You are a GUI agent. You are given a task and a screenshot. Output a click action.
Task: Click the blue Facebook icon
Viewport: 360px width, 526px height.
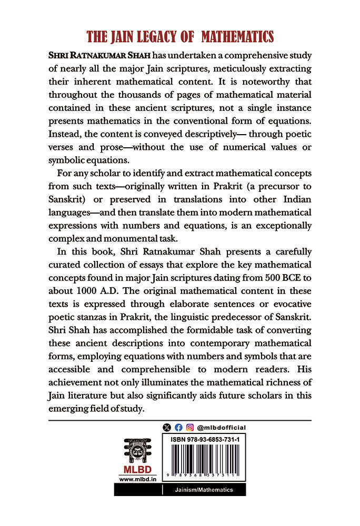coord(178,428)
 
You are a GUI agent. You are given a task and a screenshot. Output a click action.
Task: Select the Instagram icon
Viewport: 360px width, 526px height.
coord(189,428)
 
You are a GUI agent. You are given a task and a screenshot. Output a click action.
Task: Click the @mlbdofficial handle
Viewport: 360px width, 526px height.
coord(222,428)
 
